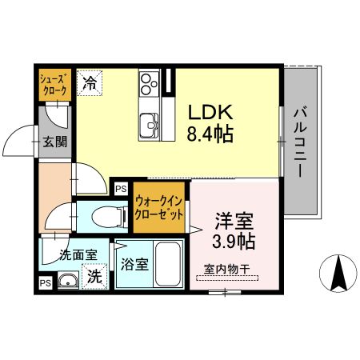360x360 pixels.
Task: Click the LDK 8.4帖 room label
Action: (210, 123)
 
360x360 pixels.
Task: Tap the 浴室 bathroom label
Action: (134, 265)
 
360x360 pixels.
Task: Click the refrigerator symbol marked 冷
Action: (90, 82)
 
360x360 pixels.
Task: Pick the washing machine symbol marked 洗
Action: (94, 278)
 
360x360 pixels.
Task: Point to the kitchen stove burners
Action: (149, 81)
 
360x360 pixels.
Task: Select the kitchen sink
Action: (150, 125)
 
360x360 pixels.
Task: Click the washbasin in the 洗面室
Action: (66, 280)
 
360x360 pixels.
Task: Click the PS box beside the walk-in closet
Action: (121, 189)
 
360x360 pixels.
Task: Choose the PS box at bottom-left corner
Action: (45, 282)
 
